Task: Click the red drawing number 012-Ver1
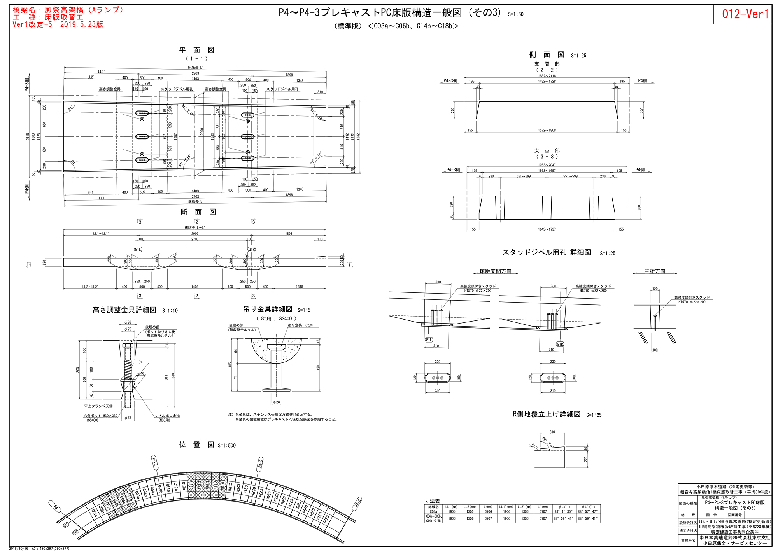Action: pyautogui.click(x=745, y=14)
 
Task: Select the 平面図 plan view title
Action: pyautogui.click(x=196, y=50)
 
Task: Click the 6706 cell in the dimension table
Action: pyautogui.click(x=488, y=511)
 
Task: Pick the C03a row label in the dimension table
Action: pyautogui.click(x=433, y=511)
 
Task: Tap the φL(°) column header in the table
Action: pyautogui.click(x=564, y=507)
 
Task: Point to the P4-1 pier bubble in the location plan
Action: pyautogui.click(x=155, y=462)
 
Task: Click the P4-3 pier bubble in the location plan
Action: pyautogui.click(x=357, y=504)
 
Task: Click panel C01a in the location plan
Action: pyautogui.click(x=94, y=513)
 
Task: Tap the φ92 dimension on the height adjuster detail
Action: pyautogui.click(x=128, y=322)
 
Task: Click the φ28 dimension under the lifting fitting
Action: pyautogui.click(x=276, y=402)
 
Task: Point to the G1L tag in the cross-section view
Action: pyautogui.click(x=138, y=249)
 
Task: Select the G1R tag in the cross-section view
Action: pyautogui.click(x=252, y=249)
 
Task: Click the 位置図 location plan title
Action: pyautogui.click(x=196, y=444)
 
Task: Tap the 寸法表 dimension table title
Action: pyautogui.click(x=432, y=501)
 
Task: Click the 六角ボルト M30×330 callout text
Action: pyautogui.click(x=100, y=416)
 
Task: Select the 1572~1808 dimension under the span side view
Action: pyautogui.click(x=547, y=130)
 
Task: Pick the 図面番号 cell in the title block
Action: pyautogui.click(x=734, y=515)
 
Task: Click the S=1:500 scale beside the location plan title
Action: pyautogui.click(x=227, y=446)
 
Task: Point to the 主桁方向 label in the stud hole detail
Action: pyautogui.click(x=655, y=271)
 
